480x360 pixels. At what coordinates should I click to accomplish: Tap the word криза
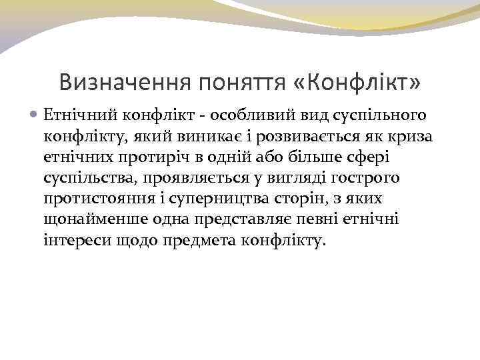tap(413, 136)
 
